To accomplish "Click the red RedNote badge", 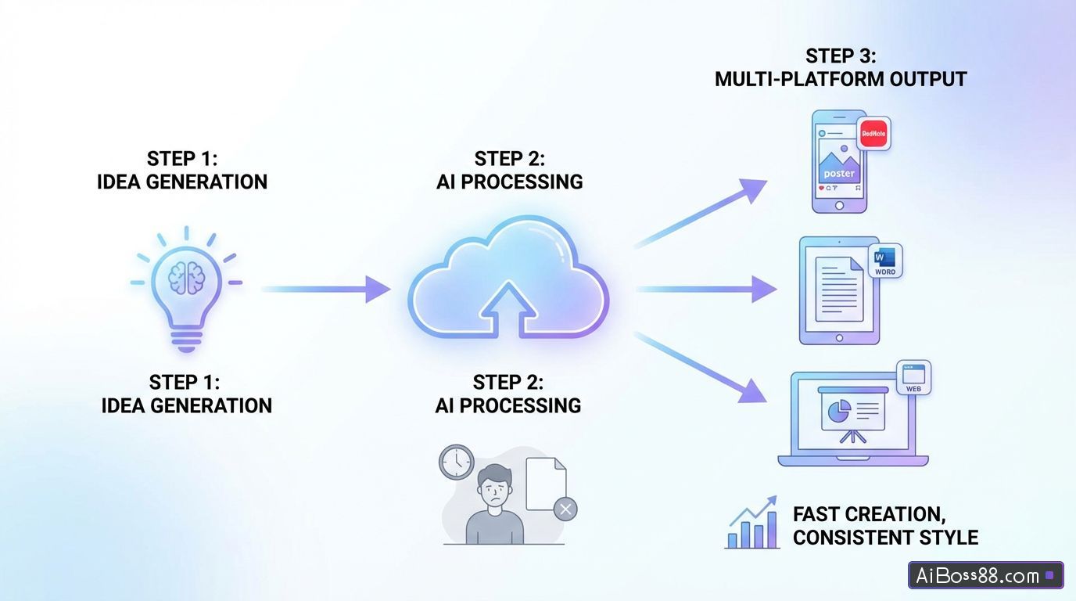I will click(x=873, y=134).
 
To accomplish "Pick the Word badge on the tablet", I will click(x=885, y=261).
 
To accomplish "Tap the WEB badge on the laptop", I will click(x=913, y=377).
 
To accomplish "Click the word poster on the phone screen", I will click(x=839, y=173).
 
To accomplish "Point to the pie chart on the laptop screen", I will click(x=838, y=409).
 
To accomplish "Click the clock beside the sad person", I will click(x=457, y=462).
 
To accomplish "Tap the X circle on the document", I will click(x=565, y=509).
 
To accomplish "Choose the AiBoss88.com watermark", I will click(x=985, y=576).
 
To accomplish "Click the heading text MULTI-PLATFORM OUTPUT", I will click(x=841, y=79).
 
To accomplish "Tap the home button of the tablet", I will click(x=839, y=338).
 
